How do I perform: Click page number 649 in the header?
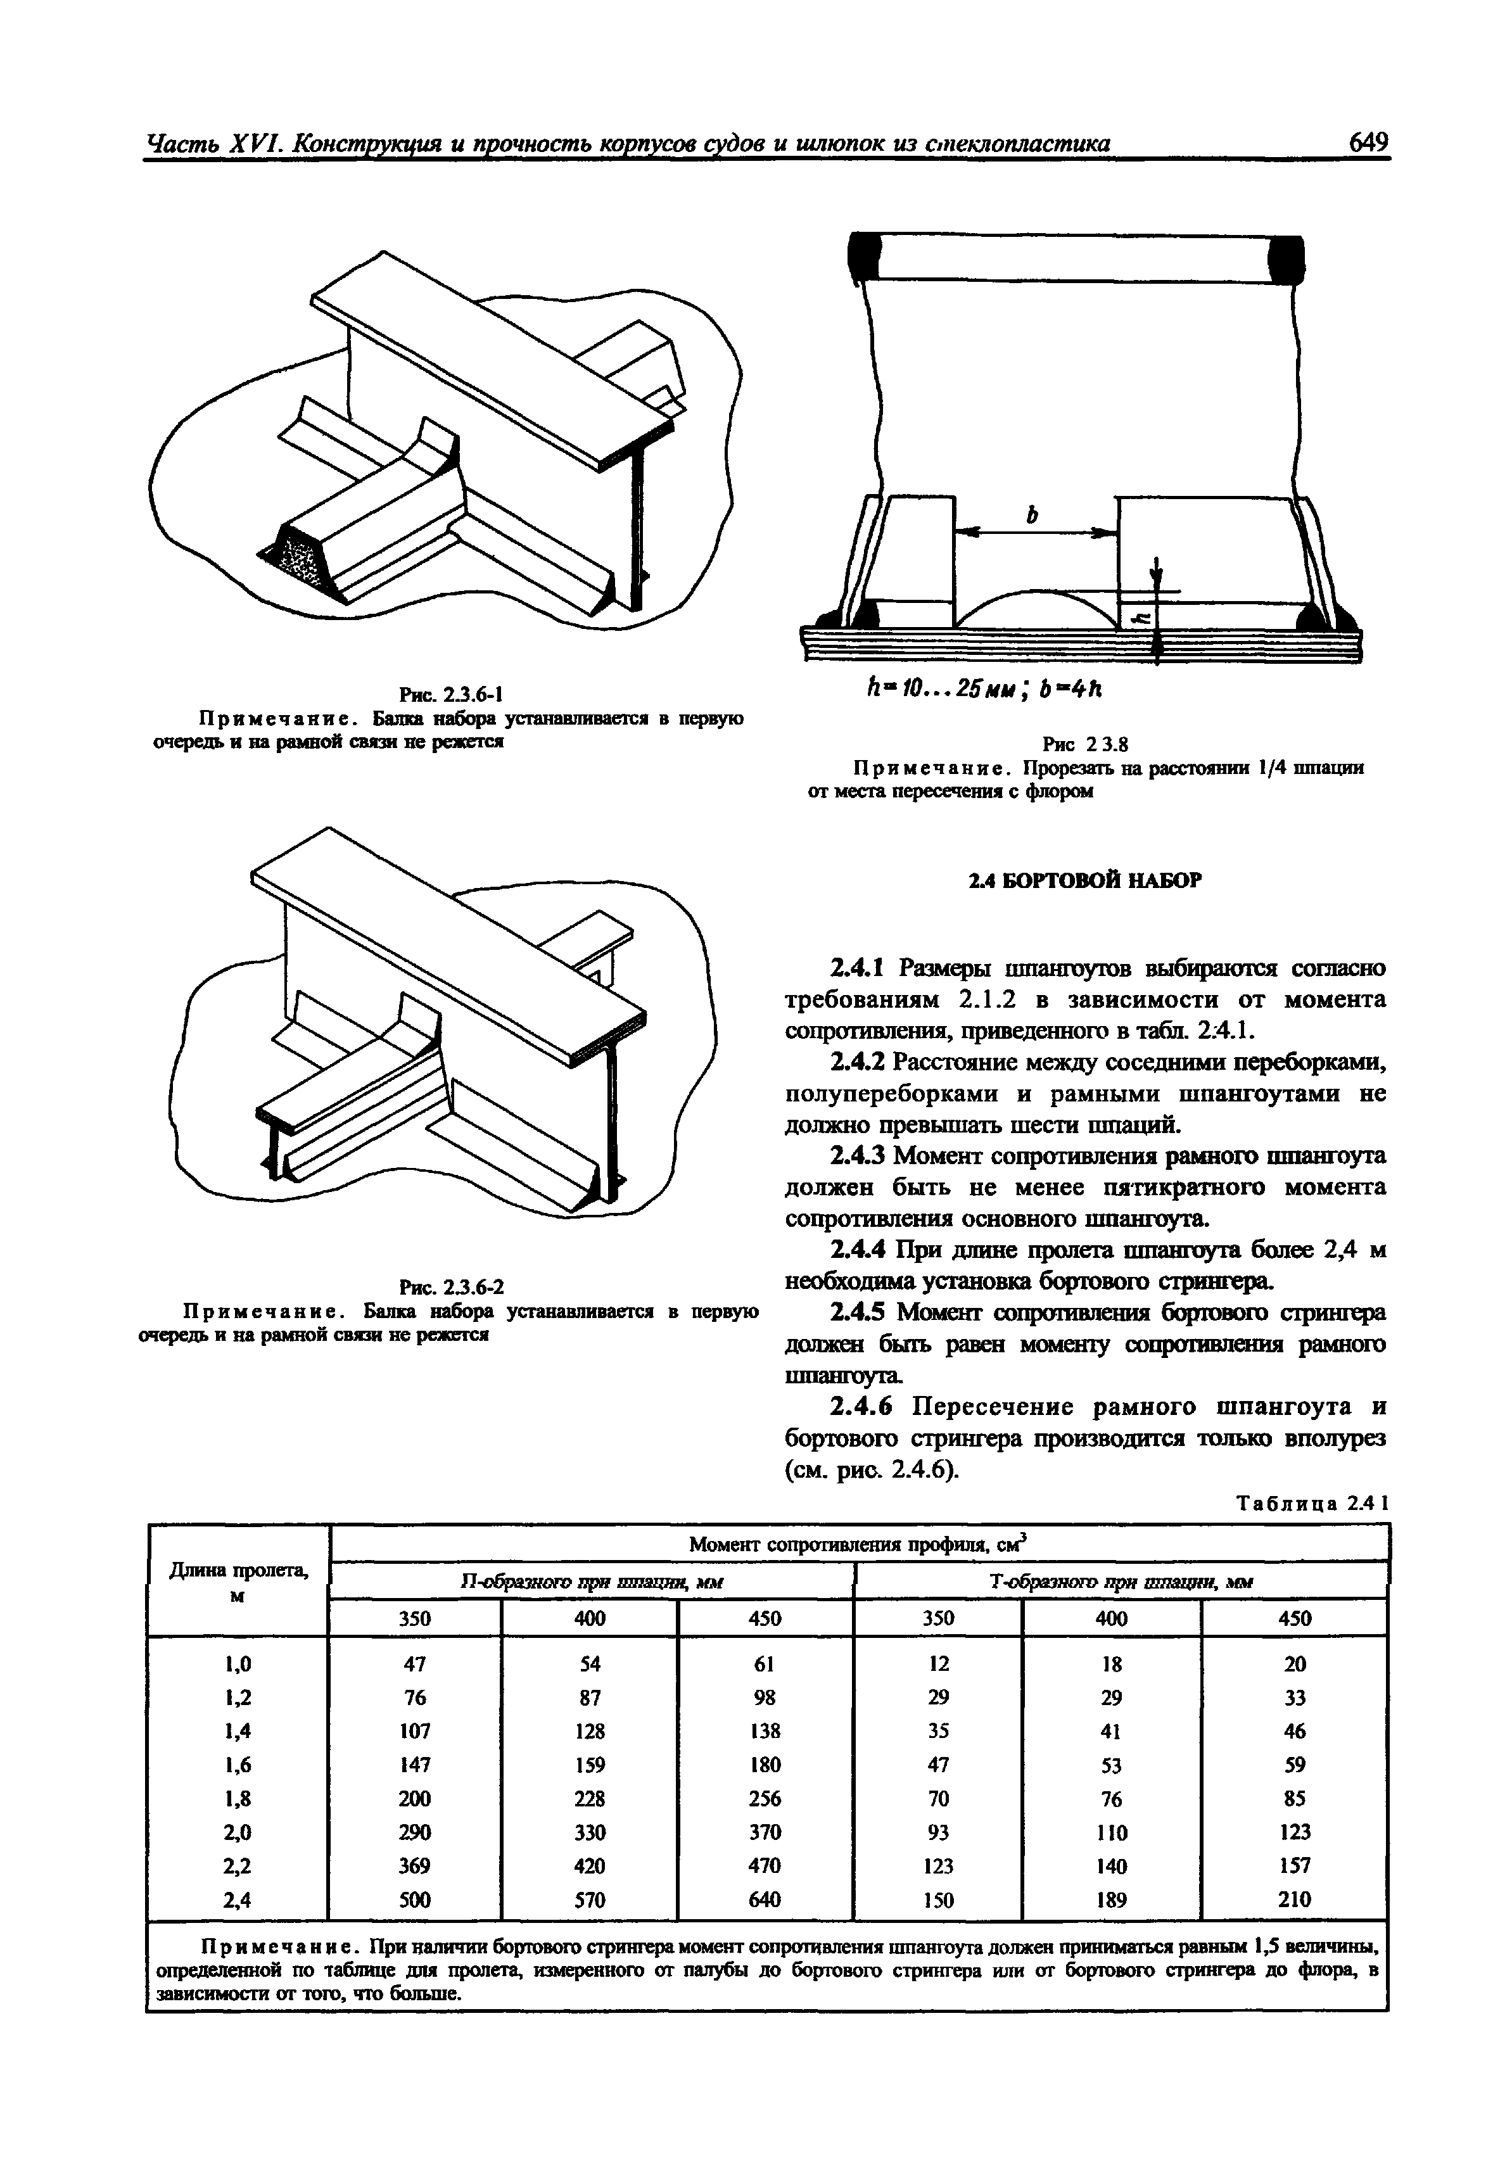tap(1368, 143)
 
